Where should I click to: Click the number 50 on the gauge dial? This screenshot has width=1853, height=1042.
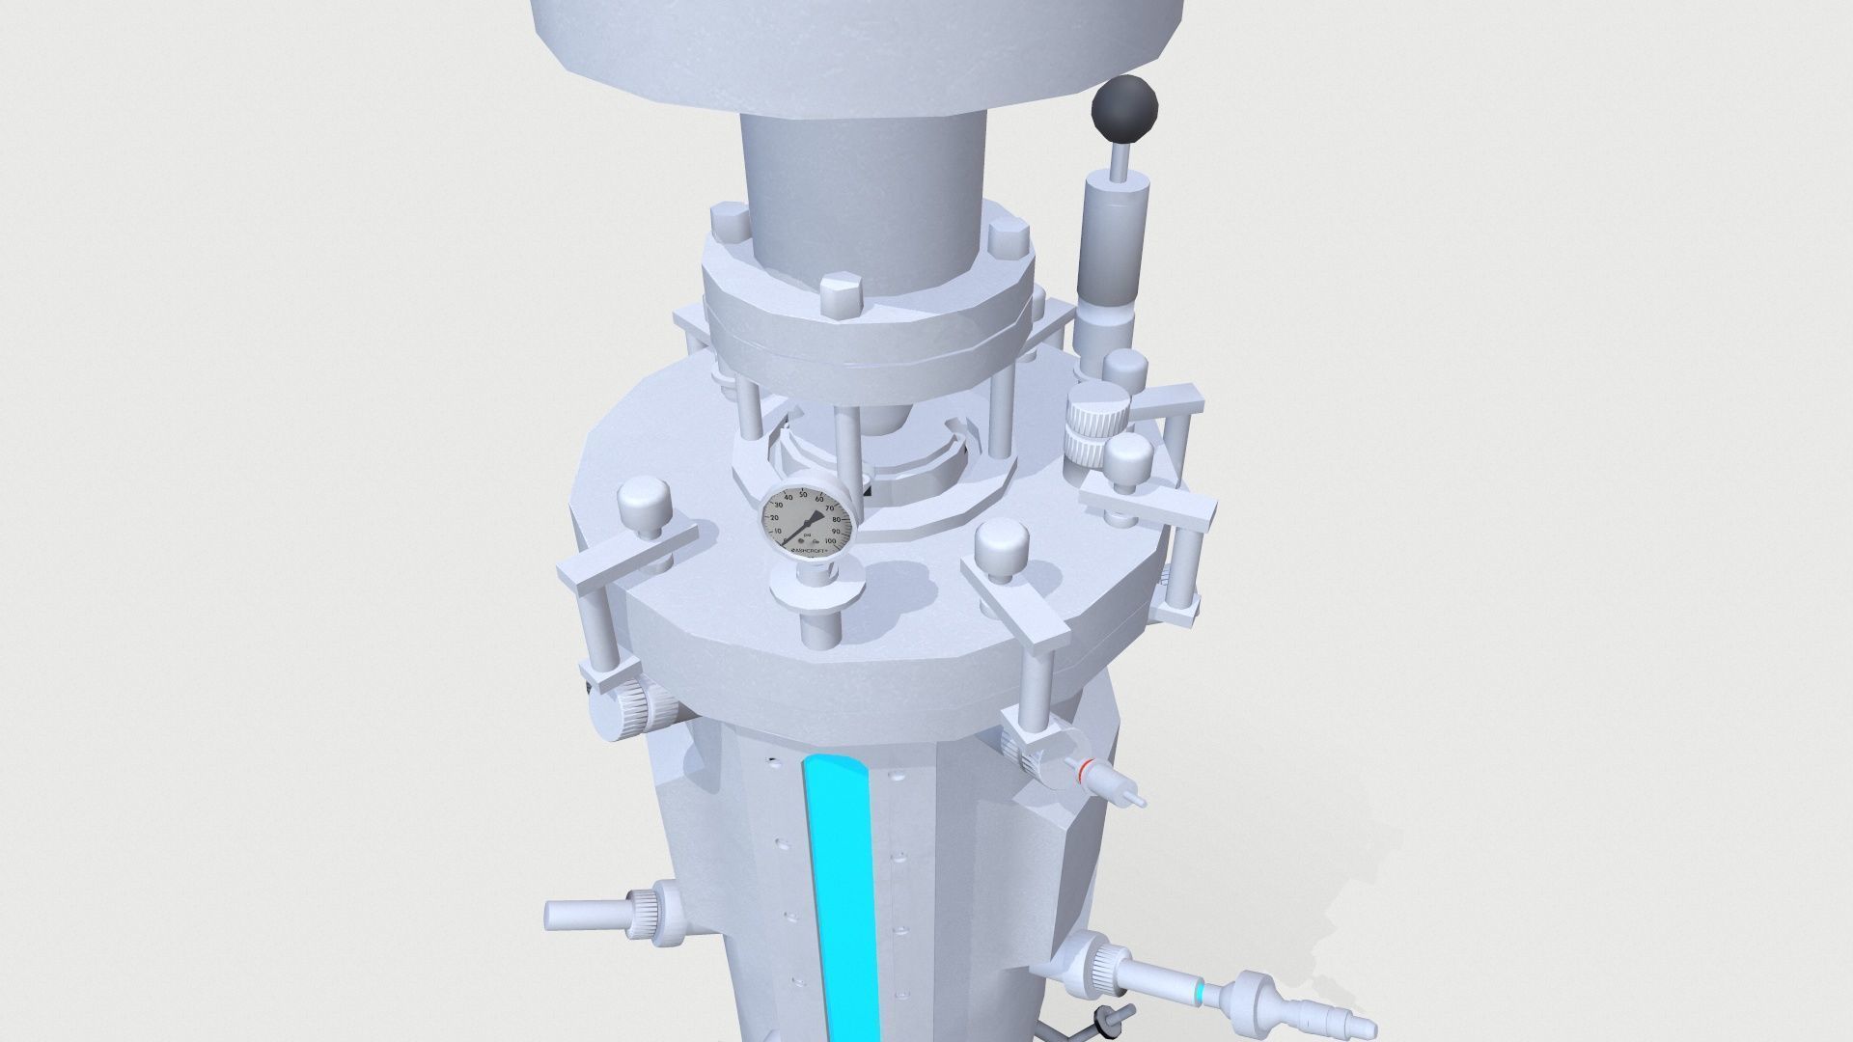point(803,495)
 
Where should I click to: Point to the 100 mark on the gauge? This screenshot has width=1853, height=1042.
point(831,541)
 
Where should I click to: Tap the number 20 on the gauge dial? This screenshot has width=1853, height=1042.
point(774,518)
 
